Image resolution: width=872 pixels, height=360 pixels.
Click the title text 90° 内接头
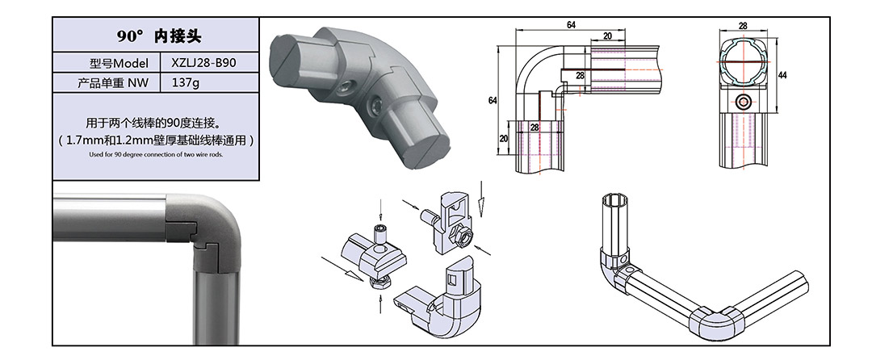click(158, 37)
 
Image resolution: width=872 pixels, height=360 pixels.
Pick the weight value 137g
click(186, 82)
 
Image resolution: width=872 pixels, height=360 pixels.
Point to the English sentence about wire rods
click(157, 153)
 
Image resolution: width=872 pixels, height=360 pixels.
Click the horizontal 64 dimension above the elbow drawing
click(571, 26)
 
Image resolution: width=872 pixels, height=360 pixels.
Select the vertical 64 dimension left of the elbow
click(493, 99)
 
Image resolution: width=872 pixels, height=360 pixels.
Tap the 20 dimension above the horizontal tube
click(606, 36)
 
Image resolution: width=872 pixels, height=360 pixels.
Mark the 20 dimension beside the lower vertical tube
click(504, 138)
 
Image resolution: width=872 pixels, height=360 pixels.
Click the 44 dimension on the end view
click(782, 75)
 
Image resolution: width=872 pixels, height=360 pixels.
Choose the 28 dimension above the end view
click(742, 26)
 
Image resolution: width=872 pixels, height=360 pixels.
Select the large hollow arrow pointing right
click(339, 267)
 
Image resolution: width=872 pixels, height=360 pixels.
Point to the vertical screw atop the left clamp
click(380, 233)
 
